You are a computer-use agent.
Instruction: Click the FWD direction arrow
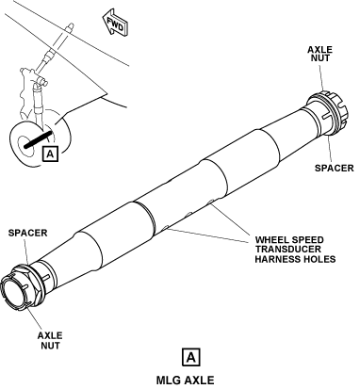coord(115,24)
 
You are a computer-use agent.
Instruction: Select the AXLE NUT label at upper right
coord(319,54)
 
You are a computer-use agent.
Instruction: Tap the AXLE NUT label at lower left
coord(50,340)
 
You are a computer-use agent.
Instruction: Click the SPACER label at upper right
coord(335,168)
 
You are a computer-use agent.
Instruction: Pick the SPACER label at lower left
coord(27,233)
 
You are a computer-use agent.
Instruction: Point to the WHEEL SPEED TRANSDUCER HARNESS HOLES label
coord(295,250)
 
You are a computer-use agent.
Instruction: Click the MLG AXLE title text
coord(186,381)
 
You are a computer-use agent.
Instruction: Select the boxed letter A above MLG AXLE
coord(190,357)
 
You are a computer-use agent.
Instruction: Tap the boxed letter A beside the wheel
coord(50,154)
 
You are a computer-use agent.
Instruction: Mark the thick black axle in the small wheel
coord(38,139)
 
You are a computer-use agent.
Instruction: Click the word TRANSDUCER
coord(288,250)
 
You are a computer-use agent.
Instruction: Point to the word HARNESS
coord(276,259)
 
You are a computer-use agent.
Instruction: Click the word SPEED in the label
coord(307,240)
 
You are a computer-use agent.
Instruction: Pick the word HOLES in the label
coord(318,259)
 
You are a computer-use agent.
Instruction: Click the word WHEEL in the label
coord(271,240)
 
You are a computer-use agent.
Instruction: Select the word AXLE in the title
coord(199,381)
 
